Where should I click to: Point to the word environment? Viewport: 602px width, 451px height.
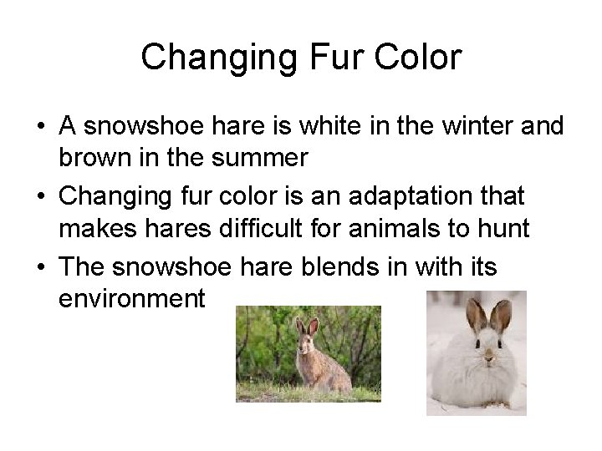point(132,297)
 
